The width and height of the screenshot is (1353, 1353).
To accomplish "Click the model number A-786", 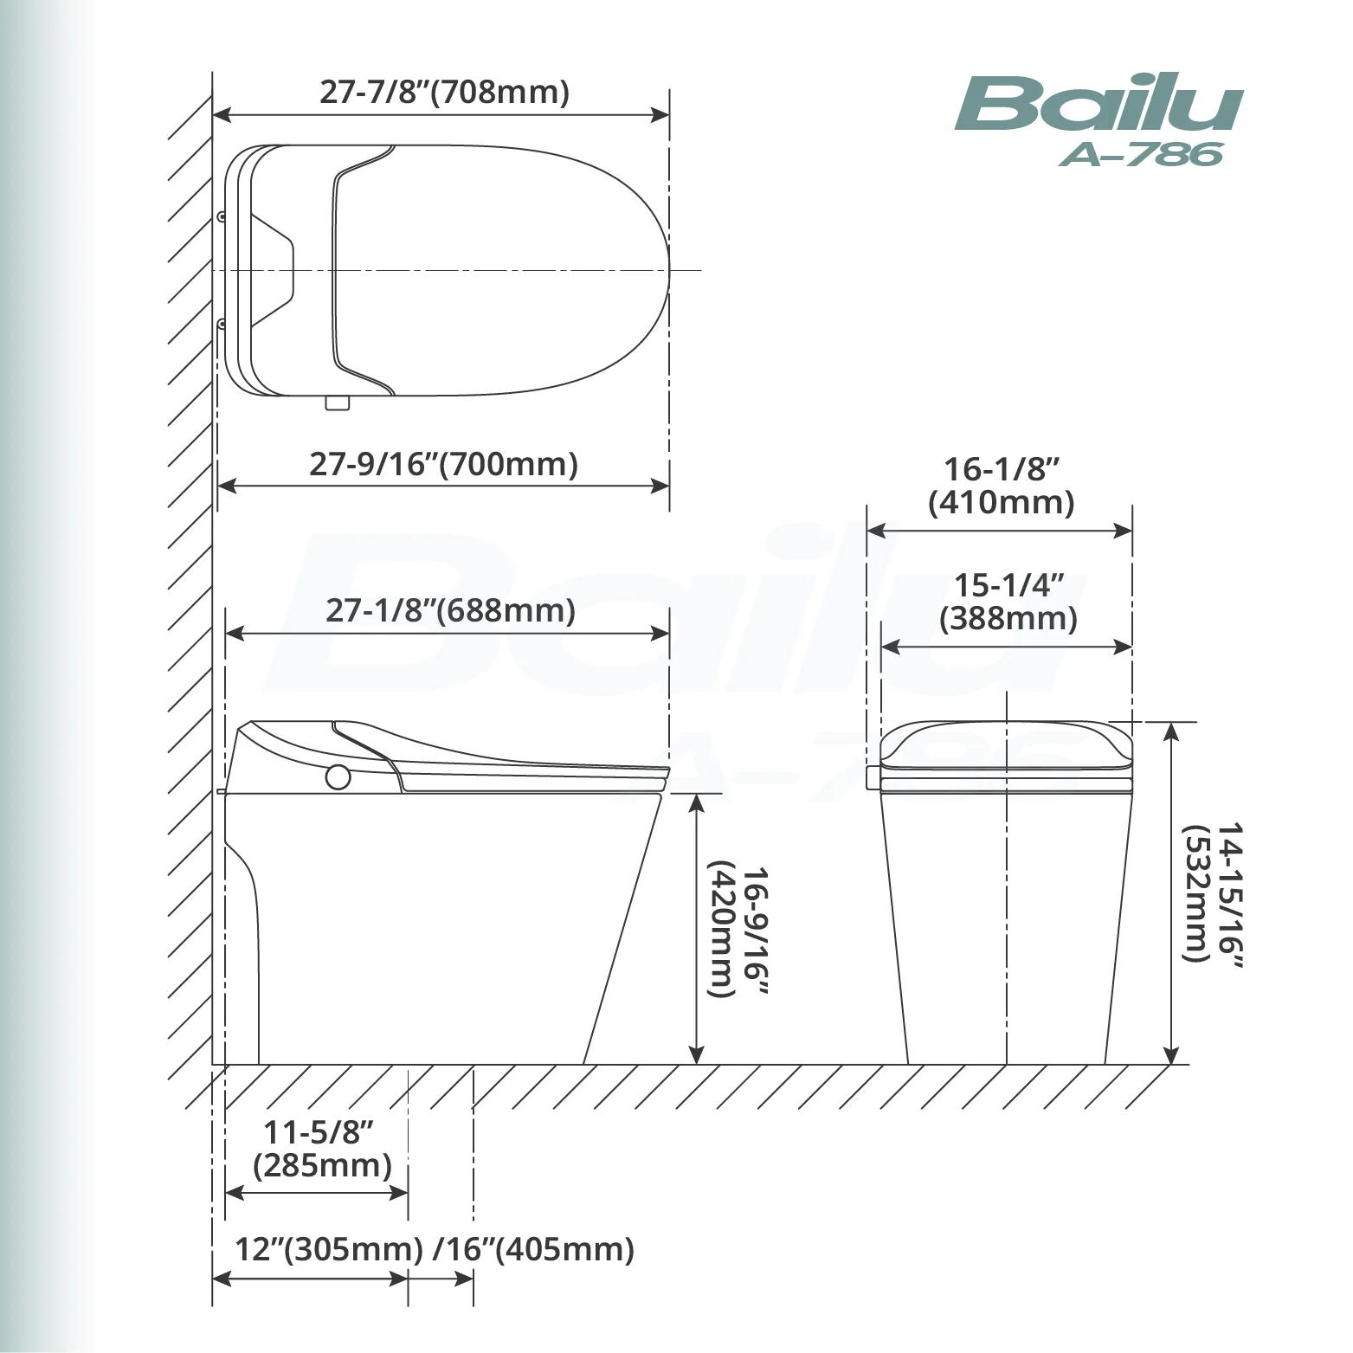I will coord(1141,154).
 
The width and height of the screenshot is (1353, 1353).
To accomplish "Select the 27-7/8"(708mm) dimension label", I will coord(444,91).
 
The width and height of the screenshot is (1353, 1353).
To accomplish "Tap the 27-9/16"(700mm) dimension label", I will coord(443,464).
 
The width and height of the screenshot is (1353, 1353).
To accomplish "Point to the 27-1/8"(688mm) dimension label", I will coord(450,610).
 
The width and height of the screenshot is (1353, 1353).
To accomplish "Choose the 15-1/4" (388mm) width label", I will coord(1008,602).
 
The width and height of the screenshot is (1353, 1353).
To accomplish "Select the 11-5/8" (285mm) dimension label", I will coord(321,1148).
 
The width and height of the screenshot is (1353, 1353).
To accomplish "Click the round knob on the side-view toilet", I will coord(338,777).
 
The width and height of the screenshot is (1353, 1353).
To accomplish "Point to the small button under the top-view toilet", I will coord(338,403).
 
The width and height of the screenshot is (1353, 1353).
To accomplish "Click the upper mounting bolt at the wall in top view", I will coord(222,216).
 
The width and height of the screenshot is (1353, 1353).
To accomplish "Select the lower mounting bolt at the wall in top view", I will coord(222,325).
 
